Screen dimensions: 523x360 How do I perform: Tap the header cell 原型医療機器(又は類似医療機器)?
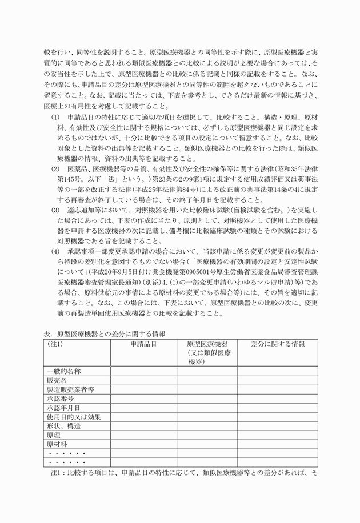tap(207, 353)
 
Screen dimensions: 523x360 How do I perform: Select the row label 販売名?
tap(58, 381)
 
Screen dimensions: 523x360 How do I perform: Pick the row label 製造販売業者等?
tap(71, 390)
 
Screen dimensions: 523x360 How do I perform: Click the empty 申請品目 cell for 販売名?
tap(143, 381)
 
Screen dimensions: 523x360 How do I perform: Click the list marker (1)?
tap(55, 118)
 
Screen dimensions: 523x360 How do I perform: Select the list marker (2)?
tap(55, 169)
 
